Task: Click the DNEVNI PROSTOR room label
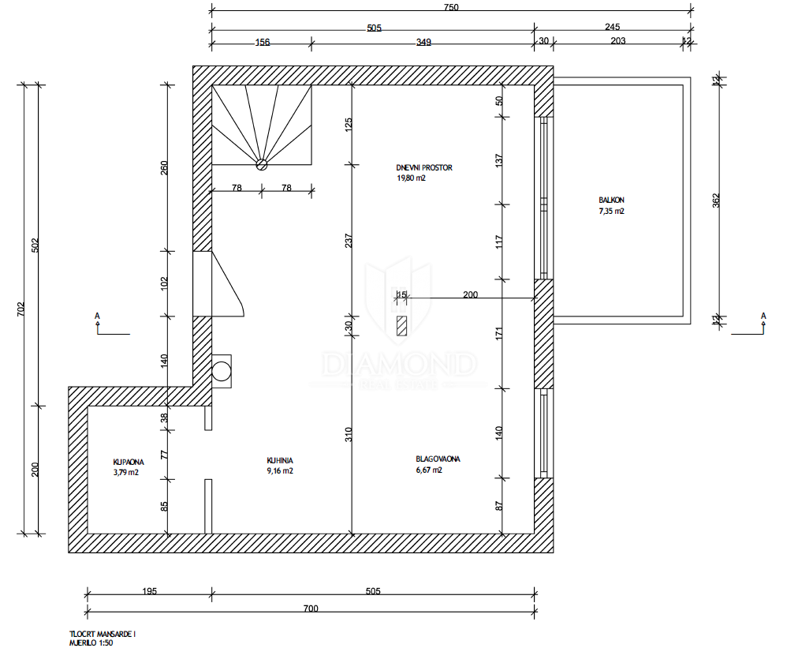(x=424, y=167)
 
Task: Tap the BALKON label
(x=611, y=200)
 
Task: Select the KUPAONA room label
(x=129, y=462)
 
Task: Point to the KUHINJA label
(x=280, y=460)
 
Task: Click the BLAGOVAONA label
(x=438, y=459)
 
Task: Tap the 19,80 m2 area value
(x=411, y=178)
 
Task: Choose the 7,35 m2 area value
(x=611, y=211)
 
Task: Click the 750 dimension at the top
(x=451, y=7)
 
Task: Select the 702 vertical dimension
(x=21, y=309)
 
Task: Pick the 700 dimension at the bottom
(x=311, y=609)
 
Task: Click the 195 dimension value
(x=149, y=591)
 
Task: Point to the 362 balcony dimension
(x=716, y=200)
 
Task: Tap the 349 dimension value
(x=423, y=42)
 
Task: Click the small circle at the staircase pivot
(x=262, y=164)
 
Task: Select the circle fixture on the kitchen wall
(x=222, y=371)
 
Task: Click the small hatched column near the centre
(x=402, y=326)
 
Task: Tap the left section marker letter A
(x=97, y=316)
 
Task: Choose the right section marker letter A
(x=763, y=316)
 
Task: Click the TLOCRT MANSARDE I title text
(x=103, y=635)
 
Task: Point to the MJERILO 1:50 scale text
(x=91, y=643)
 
